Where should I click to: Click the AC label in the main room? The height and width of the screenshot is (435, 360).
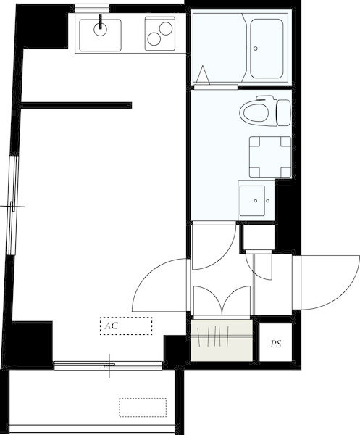click(112, 326)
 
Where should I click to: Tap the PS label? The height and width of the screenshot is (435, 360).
click(276, 344)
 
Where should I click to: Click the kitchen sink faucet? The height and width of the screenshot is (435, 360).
click(100, 22)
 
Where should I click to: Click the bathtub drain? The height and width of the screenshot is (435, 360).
click(255, 49)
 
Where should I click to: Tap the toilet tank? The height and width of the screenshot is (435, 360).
click(283, 113)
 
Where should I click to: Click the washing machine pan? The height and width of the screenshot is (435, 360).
click(270, 157)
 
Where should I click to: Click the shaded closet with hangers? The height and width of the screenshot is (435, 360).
click(222, 340)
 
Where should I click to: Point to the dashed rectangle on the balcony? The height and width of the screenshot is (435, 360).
click(143, 407)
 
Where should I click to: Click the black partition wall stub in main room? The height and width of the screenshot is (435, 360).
click(76, 105)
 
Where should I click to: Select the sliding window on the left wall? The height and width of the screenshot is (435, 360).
click(12, 206)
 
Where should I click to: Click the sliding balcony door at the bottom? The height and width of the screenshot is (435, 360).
click(108, 365)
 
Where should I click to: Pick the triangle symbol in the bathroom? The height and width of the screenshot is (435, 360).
click(203, 75)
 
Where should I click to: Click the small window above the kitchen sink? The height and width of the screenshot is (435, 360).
click(92, 8)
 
